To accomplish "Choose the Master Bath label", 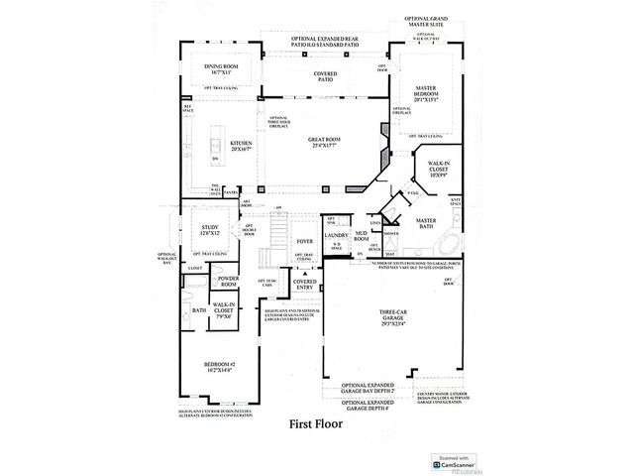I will tap(427, 223).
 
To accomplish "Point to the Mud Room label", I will tap(362, 238).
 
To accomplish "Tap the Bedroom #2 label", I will tap(217, 366).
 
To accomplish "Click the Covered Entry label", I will tap(305, 285).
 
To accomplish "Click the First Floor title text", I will tap(316, 423).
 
